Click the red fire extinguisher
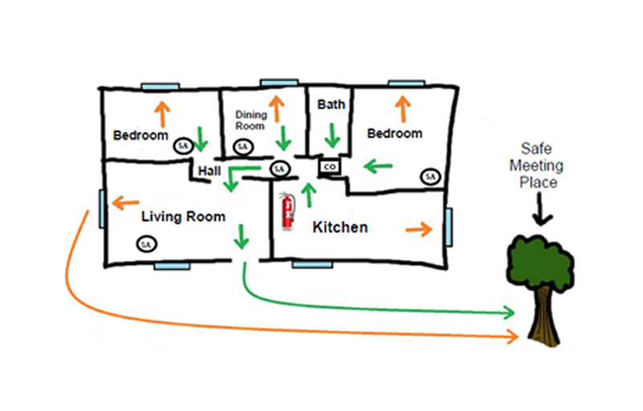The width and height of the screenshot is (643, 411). (x=286, y=212)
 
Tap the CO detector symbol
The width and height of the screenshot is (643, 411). (x=329, y=166)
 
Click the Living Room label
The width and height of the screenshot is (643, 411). (x=183, y=217)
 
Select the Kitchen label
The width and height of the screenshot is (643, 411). (x=340, y=228)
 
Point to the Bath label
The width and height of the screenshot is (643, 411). (x=331, y=105)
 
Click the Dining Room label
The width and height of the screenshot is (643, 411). (x=251, y=121)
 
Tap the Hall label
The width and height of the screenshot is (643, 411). (x=209, y=171)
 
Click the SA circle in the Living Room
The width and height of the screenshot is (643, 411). (x=145, y=243)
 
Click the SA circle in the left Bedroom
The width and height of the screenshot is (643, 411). (x=183, y=146)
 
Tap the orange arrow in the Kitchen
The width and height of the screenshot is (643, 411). (x=417, y=230)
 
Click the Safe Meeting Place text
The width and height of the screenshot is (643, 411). (x=543, y=166)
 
